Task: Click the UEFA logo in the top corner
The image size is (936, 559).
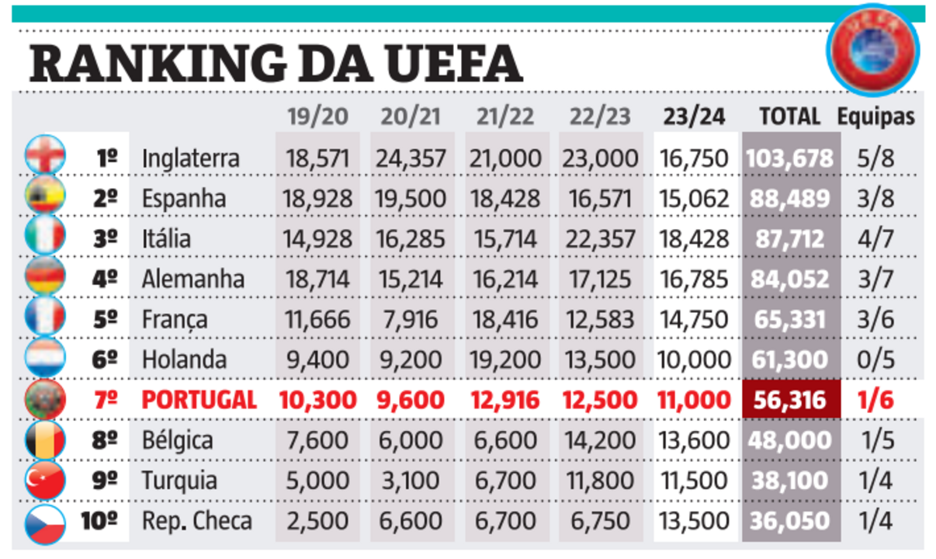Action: tap(873, 49)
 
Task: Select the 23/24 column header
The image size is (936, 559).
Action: tap(694, 117)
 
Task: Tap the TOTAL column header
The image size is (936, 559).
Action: tap(789, 117)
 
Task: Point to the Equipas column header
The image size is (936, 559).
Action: tap(875, 117)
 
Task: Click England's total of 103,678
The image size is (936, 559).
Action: tap(789, 158)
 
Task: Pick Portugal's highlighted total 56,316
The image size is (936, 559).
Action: tap(789, 400)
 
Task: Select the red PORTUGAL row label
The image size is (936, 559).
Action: tap(199, 400)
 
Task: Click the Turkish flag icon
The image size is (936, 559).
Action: tap(45, 481)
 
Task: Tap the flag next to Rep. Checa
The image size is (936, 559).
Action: tap(45, 521)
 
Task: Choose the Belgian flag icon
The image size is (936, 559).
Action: tap(45, 440)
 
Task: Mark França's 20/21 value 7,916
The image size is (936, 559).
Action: tap(411, 319)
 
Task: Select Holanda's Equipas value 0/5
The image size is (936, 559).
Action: tap(877, 359)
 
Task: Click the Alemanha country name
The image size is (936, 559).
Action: tap(192, 279)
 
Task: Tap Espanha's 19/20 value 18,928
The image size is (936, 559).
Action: tap(317, 199)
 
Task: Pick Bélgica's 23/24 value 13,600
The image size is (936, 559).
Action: tap(694, 440)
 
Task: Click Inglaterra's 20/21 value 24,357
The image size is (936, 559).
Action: tap(411, 158)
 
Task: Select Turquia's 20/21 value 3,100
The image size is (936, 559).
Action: tap(411, 481)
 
